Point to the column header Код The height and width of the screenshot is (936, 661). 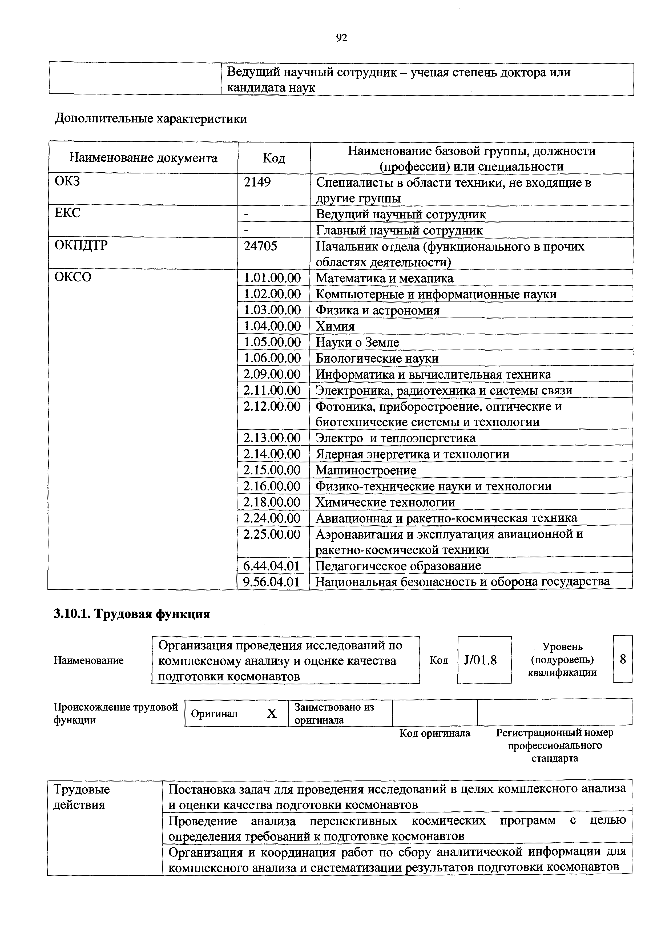point(274,158)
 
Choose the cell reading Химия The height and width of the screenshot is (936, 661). point(335,326)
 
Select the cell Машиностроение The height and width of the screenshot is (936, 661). point(366,470)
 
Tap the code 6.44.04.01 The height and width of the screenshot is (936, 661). point(272,566)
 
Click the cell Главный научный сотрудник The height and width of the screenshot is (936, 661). point(399,230)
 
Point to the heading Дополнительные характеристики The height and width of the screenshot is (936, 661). point(151,119)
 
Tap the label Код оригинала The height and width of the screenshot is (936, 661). point(434,733)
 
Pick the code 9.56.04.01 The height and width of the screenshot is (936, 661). point(272,582)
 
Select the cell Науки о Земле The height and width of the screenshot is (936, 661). point(357,342)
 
